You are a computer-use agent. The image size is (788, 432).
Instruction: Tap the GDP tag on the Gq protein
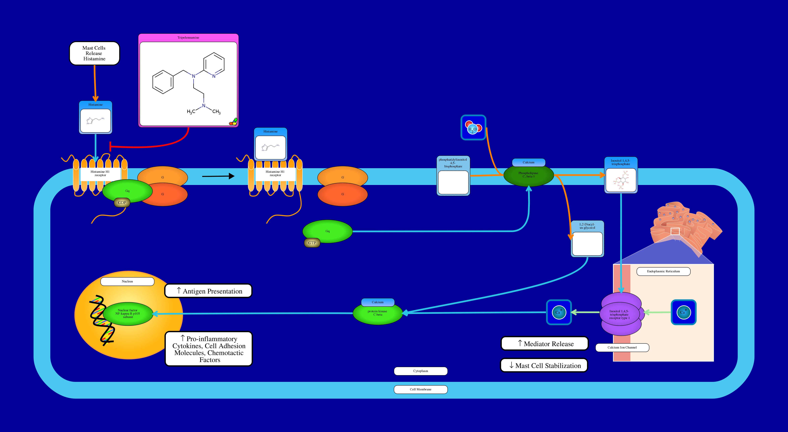click(x=122, y=203)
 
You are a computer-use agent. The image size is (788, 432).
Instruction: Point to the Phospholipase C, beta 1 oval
click(x=528, y=175)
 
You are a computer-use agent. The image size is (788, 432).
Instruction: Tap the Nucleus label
click(x=127, y=281)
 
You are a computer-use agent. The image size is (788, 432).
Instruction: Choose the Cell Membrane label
click(x=421, y=389)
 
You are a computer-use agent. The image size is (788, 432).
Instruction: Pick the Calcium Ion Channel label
click(x=622, y=347)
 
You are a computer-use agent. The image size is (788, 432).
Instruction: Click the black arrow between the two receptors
click(x=218, y=176)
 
